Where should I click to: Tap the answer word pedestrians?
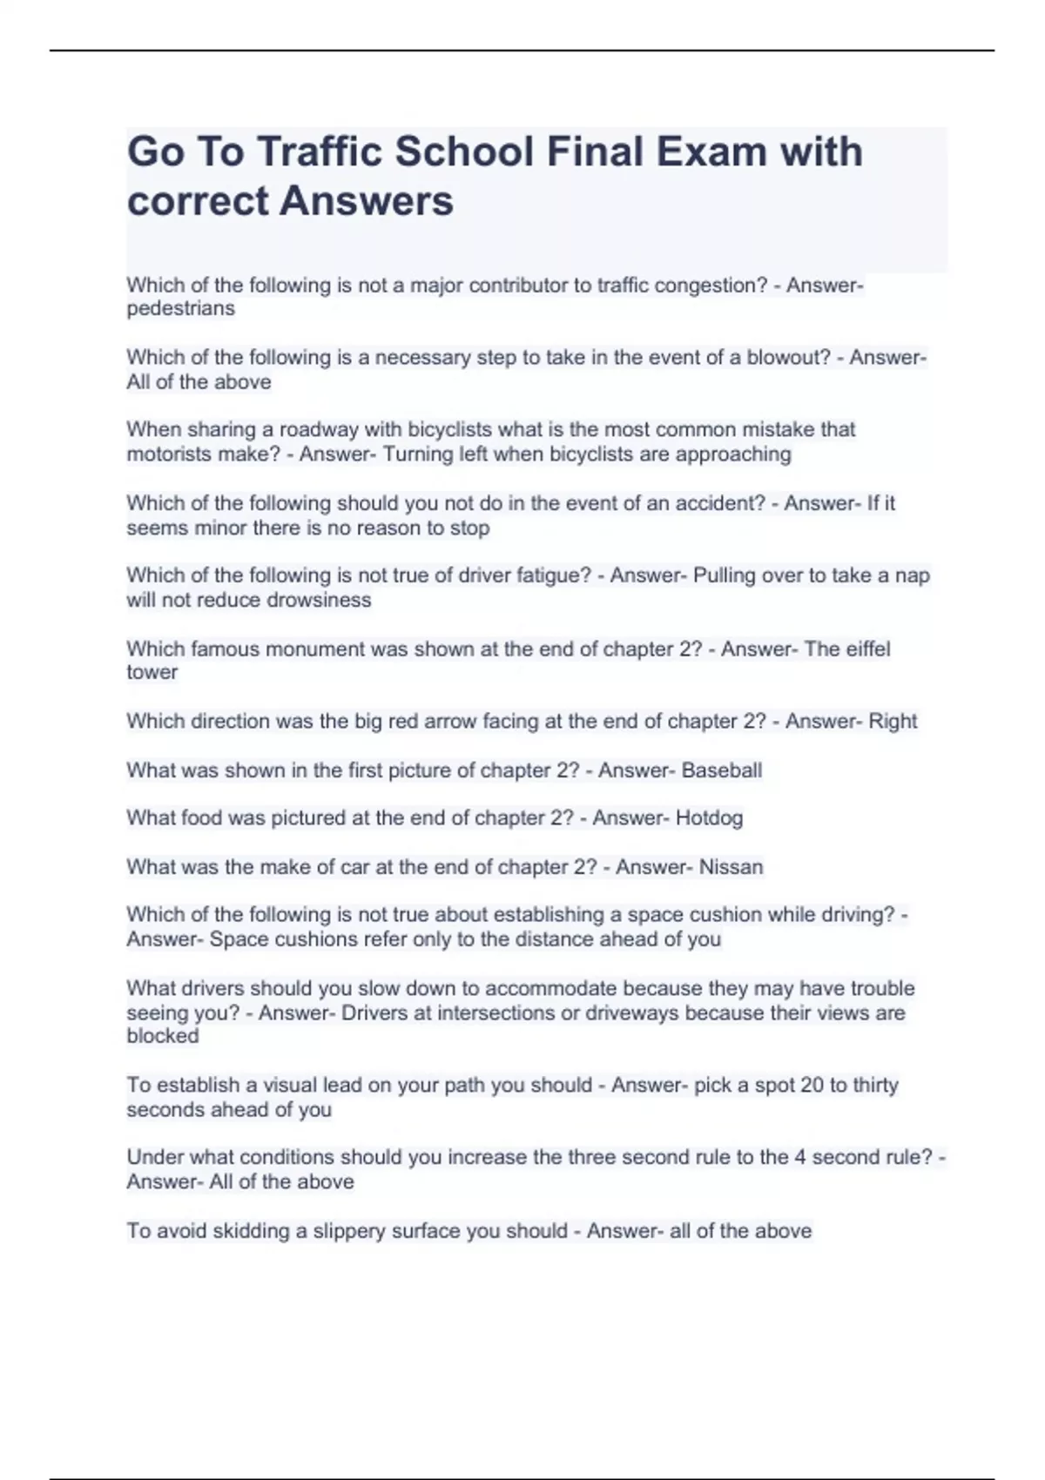click(x=180, y=308)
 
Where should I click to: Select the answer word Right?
click(x=893, y=721)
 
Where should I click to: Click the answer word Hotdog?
click(x=709, y=817)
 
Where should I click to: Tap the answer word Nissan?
click(x=731, y=867)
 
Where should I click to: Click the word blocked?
click(x=163, y=1035)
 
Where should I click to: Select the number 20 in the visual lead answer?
click(x=811, y=1085)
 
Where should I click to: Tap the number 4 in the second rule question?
click(x=799, y=1157)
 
